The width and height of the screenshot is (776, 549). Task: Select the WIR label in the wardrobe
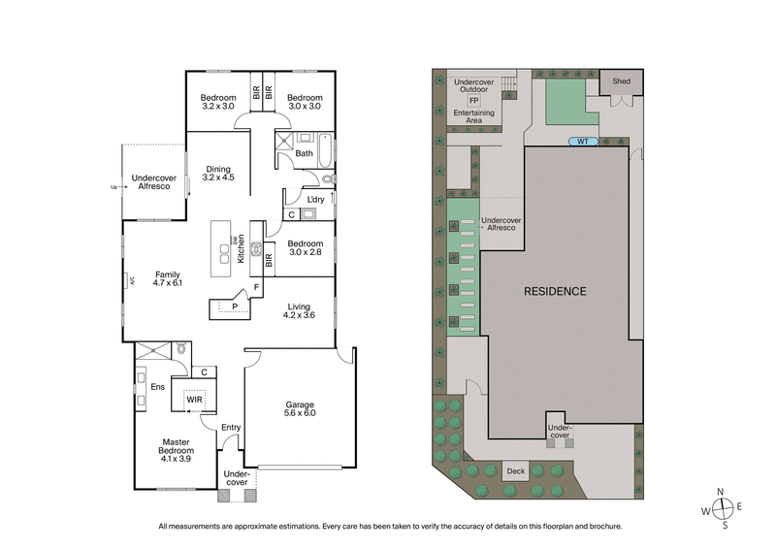194,399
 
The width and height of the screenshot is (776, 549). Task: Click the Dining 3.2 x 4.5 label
217,174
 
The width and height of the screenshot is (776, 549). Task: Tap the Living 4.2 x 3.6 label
298,310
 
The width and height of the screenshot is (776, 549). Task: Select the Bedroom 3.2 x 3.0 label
219,102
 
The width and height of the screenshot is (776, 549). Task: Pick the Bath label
304,153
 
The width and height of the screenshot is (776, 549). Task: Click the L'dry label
316,200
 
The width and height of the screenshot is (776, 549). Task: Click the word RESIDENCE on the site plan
555,291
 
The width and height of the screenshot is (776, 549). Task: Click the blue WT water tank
583,142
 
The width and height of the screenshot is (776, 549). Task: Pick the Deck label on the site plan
516,471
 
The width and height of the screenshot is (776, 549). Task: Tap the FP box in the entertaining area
473,100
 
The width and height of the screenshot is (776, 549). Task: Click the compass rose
724,508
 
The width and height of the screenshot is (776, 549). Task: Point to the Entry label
231,427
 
